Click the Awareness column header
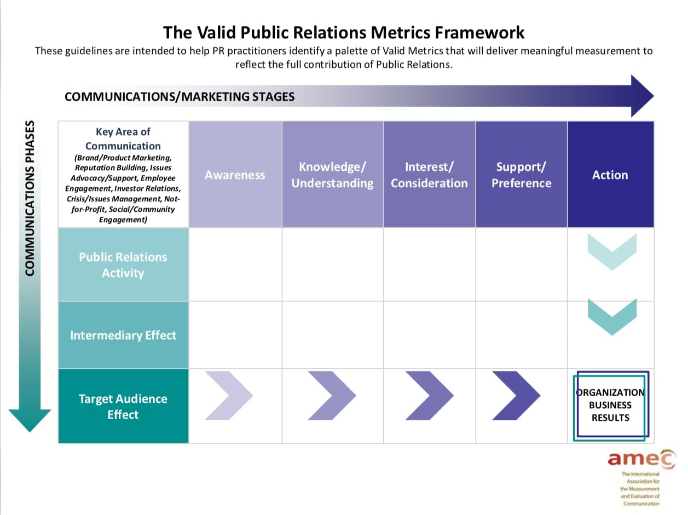click(x=235, y=175)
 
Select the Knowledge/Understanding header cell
click(x=332, y=175)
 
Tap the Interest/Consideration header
click(x=429, y=175)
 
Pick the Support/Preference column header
click(x=521, y=175)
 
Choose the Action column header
click(x=610, y=175)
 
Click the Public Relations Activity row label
click(x=123, y=265)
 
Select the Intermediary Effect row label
click(x=123, y=335)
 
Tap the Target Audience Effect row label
click(x=123, y=406)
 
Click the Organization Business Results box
click(x=610, y=406)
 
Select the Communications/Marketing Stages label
click(x=180, y=97)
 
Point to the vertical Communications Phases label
click(x=30, y=198)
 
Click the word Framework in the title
click(x=479, y=32)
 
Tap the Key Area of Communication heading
click(x=123, y=138)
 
